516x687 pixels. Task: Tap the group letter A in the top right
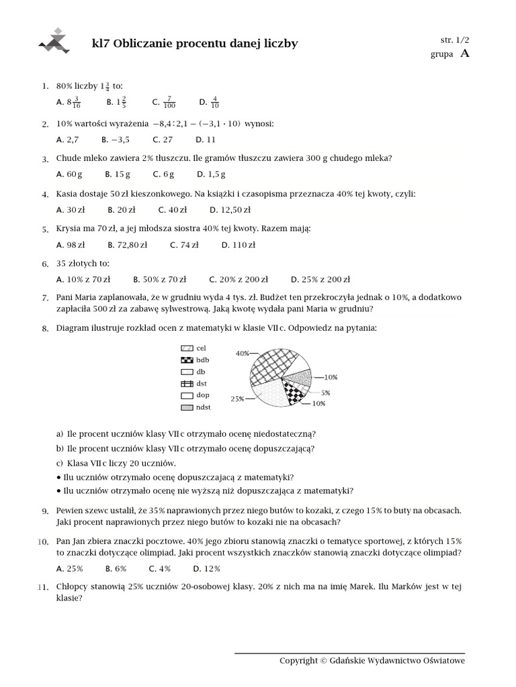(464, 54)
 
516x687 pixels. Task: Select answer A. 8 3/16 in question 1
(69, 103)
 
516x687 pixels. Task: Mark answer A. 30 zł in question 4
(71, 210)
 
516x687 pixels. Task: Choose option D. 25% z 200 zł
(320, 280)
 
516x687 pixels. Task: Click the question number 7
(44, 298)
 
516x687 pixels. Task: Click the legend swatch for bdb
(187, 360)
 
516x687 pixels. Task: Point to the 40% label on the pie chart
(242, 353)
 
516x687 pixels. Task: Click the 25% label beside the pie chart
(237, 399)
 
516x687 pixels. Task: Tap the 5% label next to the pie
(325, 392)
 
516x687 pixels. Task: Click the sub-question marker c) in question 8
(60, 464)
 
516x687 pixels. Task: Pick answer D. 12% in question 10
(212, 568)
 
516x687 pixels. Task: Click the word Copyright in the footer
(298, 661)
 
